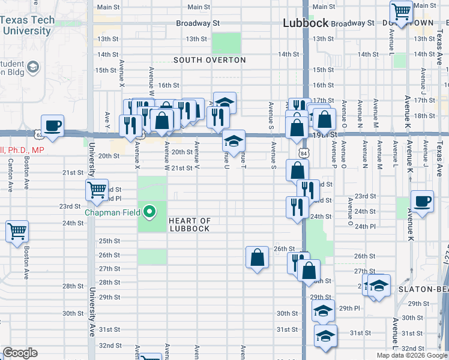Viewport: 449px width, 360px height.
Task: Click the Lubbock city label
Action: click(306, 23)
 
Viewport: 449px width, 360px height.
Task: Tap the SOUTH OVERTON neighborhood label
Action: click(209, 60)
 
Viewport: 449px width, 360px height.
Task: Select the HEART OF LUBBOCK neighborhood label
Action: click(189, 224)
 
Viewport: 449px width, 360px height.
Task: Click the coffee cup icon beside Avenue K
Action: click(422, 201)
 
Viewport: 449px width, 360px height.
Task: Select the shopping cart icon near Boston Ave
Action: click(17, 230)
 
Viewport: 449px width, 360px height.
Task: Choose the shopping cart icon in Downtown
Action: click(401, 10)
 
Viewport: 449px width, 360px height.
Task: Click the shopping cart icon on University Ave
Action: click(97, 190)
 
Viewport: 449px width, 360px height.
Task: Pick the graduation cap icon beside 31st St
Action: click(325, 335)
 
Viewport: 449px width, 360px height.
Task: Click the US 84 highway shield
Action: click(306, 154)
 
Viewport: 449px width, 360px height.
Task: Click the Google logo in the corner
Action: click(20, 353)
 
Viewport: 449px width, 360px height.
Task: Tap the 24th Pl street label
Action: click(364, 227)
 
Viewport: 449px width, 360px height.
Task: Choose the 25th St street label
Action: click(109, 241)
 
